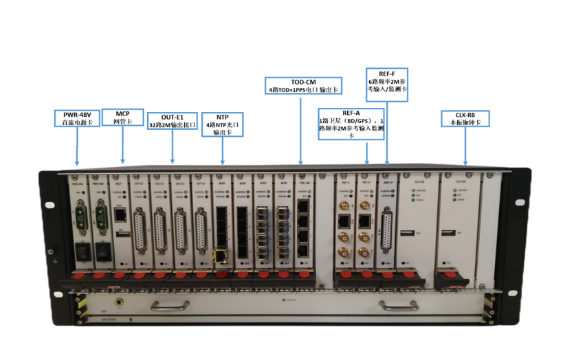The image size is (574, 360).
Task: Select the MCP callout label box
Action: click(x=122, y=117)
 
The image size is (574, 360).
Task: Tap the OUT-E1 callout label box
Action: click(x=173, y=121)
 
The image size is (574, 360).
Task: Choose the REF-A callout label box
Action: click(x=351, y=124)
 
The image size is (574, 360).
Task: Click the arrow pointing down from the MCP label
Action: click(x=122, y=145)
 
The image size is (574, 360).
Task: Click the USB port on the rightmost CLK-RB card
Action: click(x=448, y=232)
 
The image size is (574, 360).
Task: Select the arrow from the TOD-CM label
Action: click(x=301, y=130)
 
